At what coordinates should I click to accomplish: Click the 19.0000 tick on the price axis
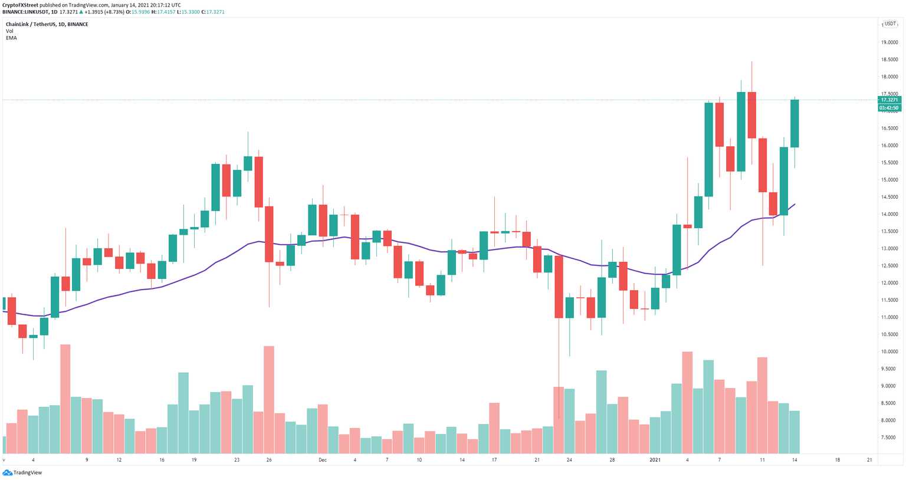coord(889,42)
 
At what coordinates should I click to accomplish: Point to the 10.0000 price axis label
coord(889,351)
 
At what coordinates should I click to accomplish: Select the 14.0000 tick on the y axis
coord(889,214)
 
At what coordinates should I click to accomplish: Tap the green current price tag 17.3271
coord(889,100)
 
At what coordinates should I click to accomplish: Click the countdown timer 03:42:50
coord(889,108)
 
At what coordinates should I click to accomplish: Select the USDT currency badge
coord(889,24)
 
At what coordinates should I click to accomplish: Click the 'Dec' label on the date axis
coord(322,459)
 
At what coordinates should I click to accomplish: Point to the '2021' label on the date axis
coord(655,459)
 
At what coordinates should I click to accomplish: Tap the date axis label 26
coord(269,459)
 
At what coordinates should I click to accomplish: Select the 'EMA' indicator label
coord(11,38)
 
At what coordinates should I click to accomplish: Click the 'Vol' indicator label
coord(9,31)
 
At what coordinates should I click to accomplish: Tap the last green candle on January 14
coord(795,123)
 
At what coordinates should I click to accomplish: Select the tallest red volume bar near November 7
coord(65,399)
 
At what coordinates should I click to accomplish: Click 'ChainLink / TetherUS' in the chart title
coord(33,24)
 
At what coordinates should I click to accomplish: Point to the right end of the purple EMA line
coord(795,204)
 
